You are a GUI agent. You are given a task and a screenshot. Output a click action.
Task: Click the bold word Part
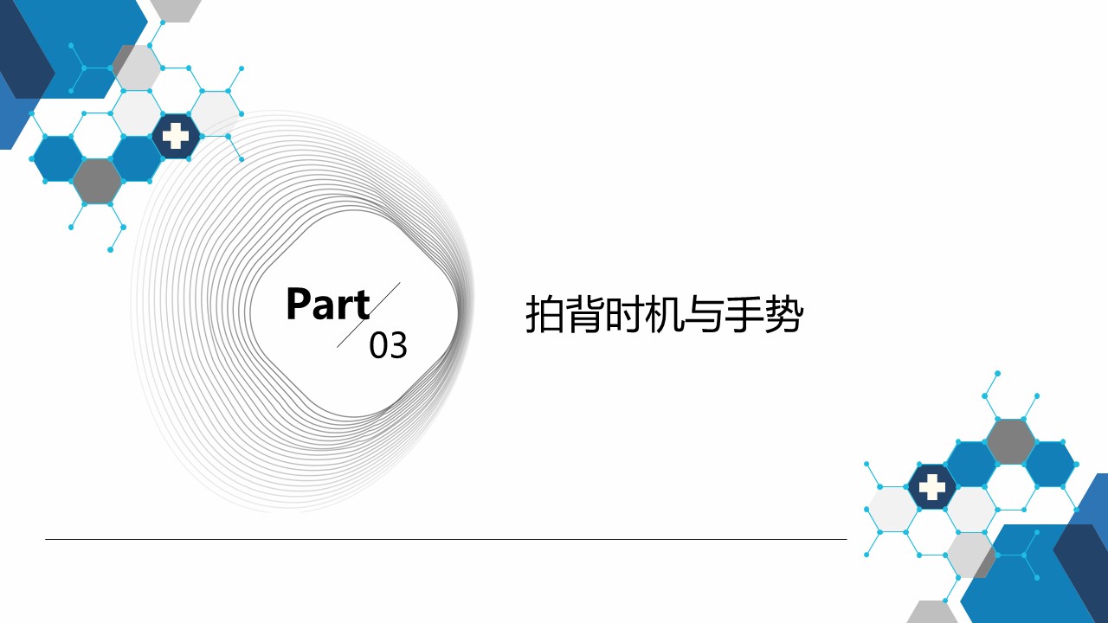click(x=328, y=304)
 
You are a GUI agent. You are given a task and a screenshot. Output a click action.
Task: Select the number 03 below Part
click(x=389, y=345)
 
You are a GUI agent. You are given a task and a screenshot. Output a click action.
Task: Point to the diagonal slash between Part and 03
click(x=369, y=315)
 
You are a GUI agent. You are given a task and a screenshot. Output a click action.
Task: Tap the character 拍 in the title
click(x=545, y=314)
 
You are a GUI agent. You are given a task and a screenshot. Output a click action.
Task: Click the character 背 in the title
click(x=585, y=314)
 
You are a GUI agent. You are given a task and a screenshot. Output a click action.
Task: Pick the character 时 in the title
click(x=625, y=314)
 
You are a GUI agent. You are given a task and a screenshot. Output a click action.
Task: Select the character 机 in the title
click(x=664, y=314)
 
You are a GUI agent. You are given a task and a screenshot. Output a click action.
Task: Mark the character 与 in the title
click(x=704, y=314)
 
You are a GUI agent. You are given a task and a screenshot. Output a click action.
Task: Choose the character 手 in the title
click(x=744, y=314)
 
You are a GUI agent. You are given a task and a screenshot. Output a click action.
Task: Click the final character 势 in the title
click(x=783, y=314)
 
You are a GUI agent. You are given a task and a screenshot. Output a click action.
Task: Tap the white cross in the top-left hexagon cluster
click(x=176, y=136)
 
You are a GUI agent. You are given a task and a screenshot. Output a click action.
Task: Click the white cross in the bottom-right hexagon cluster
click(x=932, y=486)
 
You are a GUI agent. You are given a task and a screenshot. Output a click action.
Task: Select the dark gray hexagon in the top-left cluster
click(x=97, y=182)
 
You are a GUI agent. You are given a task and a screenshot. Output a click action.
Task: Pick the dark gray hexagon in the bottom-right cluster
click(x=1010, y=441)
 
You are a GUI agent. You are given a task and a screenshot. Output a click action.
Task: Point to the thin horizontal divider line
click(x=446, y=539)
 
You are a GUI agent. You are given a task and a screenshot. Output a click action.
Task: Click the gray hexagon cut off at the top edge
click(x=176, y=10)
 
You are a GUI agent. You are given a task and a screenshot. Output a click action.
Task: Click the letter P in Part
click(x=298, y=304)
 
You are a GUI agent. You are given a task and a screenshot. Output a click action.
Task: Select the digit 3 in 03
click(x=398, y=345)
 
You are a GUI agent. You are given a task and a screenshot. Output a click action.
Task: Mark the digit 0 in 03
click(x=378, y=345)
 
